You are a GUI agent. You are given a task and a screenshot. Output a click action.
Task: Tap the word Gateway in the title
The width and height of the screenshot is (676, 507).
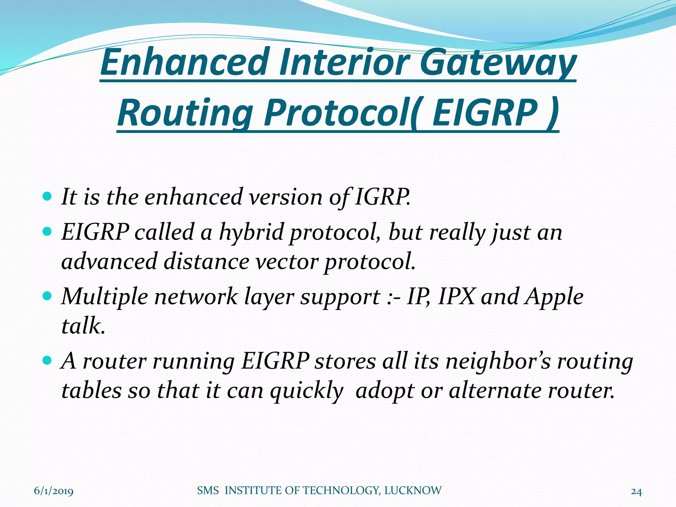click(498, 63)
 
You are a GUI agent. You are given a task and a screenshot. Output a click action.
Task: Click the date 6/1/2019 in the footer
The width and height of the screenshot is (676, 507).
click(54, 491)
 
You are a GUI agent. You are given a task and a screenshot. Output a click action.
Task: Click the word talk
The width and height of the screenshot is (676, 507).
click(83, 325)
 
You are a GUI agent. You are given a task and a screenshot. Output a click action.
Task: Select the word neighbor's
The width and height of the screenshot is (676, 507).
click(498, 361)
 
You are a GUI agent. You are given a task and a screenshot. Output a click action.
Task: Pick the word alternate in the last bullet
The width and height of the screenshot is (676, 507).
click(495, 391)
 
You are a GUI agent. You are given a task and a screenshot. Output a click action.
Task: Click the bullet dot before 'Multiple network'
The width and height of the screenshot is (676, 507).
click(48, 295)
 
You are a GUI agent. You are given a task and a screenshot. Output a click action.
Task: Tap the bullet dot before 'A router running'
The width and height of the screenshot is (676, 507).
click(48, 360)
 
